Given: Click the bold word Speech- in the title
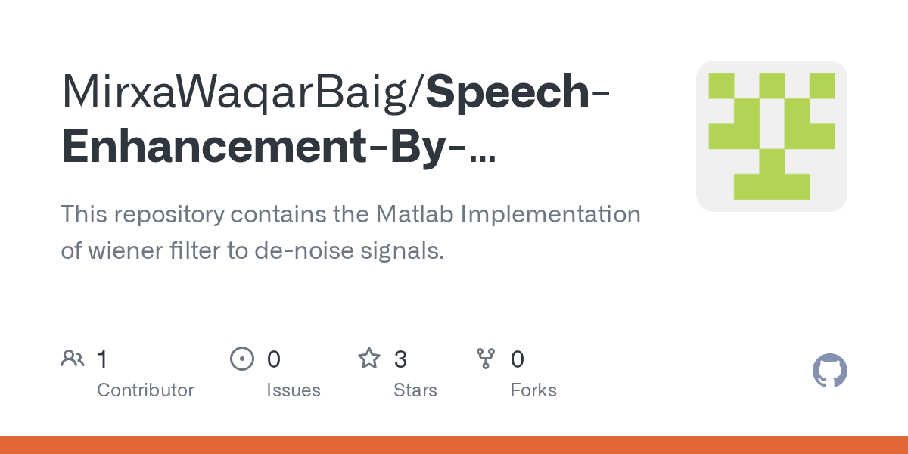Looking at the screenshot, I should (x=518, y=92).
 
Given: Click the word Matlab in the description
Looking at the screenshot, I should (x=415, y=215).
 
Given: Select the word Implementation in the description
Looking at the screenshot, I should (x=551, y=215).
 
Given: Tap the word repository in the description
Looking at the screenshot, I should (x=168, y=215).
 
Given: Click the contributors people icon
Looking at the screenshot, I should (x=73, y=359).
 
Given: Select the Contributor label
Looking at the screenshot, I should (x=145, y=390).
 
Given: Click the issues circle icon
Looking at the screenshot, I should (x=241, y=359).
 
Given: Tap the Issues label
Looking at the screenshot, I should (x=293, y=390).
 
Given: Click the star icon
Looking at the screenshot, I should (x=369, y=359).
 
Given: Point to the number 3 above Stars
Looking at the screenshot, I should (x=400, y=359).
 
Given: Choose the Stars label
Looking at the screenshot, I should (x=415, y=390).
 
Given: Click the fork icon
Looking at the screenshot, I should (x=486, y=359).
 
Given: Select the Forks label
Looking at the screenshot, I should (x=533, y=390).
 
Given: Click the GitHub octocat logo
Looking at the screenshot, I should (x=829, y=371).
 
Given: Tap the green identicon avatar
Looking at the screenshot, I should (x=771, y=136).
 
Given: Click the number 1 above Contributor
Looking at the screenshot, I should (x=102, y=359).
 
